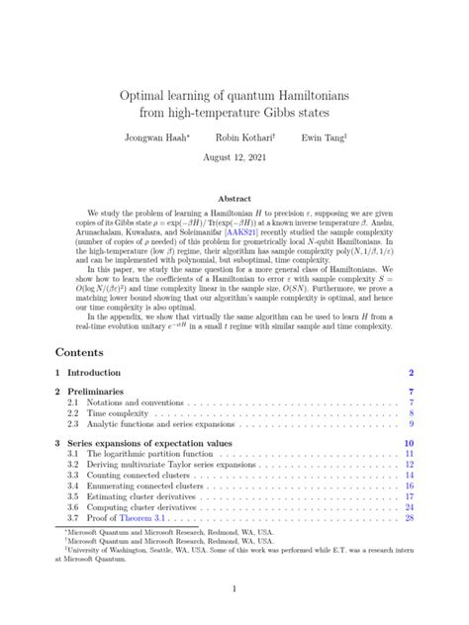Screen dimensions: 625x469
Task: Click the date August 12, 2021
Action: [234, 157]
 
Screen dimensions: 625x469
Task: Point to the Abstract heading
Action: [234, 198]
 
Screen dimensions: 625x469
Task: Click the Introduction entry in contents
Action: [94, 373]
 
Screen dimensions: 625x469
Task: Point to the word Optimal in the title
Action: [146, 98]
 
